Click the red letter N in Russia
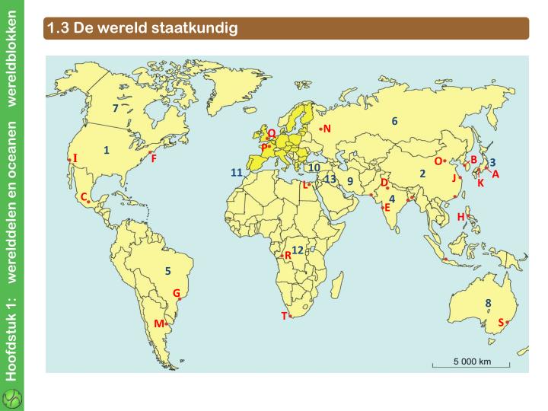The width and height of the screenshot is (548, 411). [327, 128]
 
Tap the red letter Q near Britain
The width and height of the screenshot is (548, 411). [271, 133]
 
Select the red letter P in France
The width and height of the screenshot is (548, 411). [263, 147]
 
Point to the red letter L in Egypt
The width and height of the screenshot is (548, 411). [304, 184]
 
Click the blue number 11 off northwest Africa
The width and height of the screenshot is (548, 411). [236, 173]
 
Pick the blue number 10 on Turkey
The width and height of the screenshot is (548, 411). [314, 167]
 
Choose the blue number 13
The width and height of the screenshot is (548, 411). [330, 179]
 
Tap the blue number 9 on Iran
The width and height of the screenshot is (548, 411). [349, 181]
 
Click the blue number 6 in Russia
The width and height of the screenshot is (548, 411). [394, 121]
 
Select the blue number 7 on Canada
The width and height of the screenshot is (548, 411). [115, 108]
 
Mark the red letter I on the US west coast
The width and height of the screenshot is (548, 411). [75, 158]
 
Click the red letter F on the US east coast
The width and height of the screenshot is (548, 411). [154, 158]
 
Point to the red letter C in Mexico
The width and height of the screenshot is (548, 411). [83, 196]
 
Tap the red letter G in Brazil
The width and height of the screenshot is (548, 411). [176, 293]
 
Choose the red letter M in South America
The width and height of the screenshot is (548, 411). [158, 323]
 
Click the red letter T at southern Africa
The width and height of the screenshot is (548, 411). [284, 315]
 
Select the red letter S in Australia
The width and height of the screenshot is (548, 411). [501, 322]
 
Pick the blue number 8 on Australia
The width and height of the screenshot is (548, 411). [488, 303]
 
